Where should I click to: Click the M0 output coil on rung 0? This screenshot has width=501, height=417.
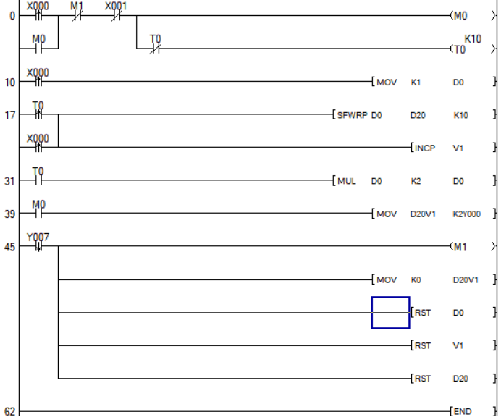pyautogui.click(x=461, y=15)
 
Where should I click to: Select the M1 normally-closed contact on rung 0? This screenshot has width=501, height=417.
pyautogui.click(x=77, y=15)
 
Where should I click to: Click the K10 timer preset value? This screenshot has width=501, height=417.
pyautogui.click(x=472, y=38)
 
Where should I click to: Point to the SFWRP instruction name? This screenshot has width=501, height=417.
pyautogui.click(x=351, y=114)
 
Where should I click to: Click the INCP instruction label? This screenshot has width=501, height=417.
pyautogui.click(x=425, y=148)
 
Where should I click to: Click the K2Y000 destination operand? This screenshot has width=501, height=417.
pyautogui.click(x=467, y=214)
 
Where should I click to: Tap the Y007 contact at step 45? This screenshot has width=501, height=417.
pyautogui.click(x=38, y=246)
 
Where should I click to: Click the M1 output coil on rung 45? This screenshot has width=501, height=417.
pyautogui.click(x=460, y=247)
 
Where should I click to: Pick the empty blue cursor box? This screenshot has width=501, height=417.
pyautogui.click(x=390, y=313)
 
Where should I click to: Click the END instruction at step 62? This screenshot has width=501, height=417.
pyautogui.click(x=461, y=411)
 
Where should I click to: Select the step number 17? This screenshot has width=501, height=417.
pyautogui.click(x=10, y=115)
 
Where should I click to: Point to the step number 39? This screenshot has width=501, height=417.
pyautogui.click(x=10, y=214)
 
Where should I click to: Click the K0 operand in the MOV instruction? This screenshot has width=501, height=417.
pyautogui.click(x=416, y=279)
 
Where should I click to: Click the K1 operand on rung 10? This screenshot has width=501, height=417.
pyautogui.click(x=416, y=83)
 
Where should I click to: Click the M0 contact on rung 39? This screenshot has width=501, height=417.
pyautogui.click(x=39, y=214)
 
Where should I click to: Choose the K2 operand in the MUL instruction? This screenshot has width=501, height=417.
pyautogui.click(x=416, y=181)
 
